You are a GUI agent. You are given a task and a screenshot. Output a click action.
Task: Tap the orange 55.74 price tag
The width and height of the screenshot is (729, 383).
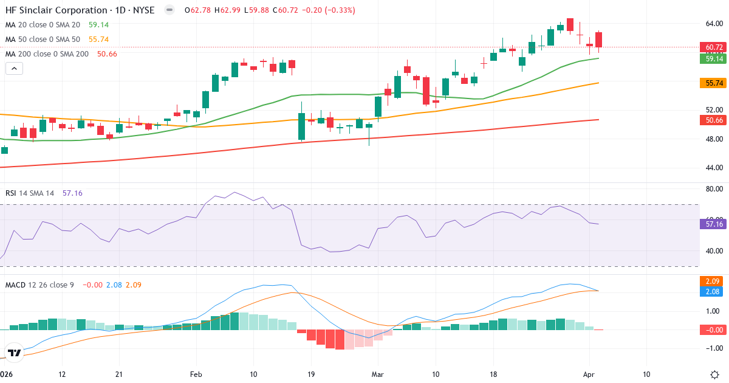pyautogui.click(x=714, y=83)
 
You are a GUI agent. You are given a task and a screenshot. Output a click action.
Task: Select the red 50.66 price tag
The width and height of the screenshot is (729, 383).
pyautogui.click(x=714, y=120)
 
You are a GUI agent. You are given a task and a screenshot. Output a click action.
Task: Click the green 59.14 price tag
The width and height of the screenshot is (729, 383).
pyautogui.click(x=714, y=58)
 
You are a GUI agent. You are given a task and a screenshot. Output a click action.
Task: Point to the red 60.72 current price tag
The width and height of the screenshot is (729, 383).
pyautogui.click(x=714, y=47)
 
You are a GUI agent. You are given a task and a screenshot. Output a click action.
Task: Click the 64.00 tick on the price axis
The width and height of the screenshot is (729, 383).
pyautogui.click(x=714, y=24)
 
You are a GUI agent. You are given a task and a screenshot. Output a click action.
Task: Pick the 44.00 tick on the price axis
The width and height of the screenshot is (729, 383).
pyautogui.click(x=714, y=167)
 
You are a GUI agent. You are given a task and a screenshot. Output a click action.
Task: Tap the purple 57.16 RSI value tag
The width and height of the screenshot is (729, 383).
pyautogui.click(x=714, y=224)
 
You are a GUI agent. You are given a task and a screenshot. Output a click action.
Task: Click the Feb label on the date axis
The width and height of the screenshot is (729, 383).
pyautogui.click(x=196, y=374)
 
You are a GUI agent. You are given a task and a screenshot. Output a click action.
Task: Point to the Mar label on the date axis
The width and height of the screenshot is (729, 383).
pyautogui.click(x=378, y=374)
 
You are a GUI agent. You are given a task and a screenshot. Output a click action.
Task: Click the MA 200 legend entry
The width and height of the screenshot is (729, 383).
pyautogui.click(x=47, y=54)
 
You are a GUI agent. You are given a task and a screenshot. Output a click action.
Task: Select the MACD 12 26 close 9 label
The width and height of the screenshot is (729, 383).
pyautogui.click(x=39, y=285)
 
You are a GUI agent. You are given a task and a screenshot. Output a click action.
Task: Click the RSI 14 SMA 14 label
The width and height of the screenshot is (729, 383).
pyautogui.click(x=29, y=193)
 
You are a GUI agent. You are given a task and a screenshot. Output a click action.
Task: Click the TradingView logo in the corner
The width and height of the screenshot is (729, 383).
pyautogui.click(x=14, y=352)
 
